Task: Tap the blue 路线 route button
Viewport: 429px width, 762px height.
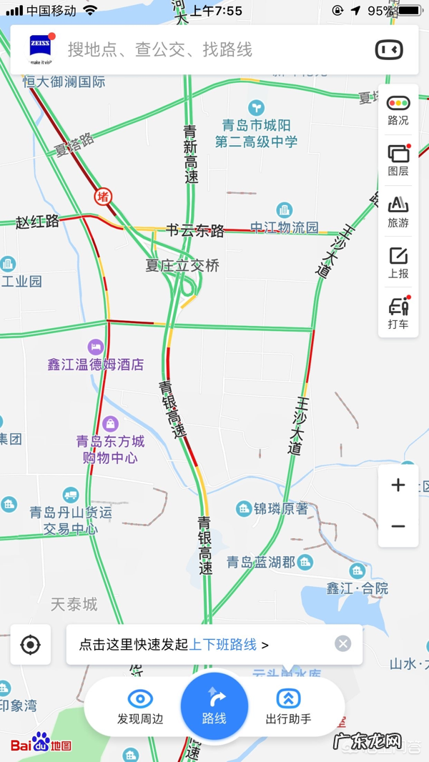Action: click(214, 706)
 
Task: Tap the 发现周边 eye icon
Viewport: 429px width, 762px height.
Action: click(140, 698)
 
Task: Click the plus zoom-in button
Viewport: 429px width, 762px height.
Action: click(398, 485)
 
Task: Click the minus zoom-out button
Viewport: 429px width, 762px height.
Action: click(398, 527)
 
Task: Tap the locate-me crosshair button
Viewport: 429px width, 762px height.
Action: click(30, 645)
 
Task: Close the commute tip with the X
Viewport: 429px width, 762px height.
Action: click(343, 644)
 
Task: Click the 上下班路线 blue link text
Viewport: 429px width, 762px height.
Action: click(222, 645)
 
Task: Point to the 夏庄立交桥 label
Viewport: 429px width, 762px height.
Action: click(182, 266)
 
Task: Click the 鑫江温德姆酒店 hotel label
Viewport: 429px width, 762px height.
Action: click(96, 365)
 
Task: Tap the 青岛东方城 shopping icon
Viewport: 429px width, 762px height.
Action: click(110, 425)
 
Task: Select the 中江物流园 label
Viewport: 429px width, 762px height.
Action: click(284, 228)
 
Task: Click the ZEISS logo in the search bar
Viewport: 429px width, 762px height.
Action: click(40, 46)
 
